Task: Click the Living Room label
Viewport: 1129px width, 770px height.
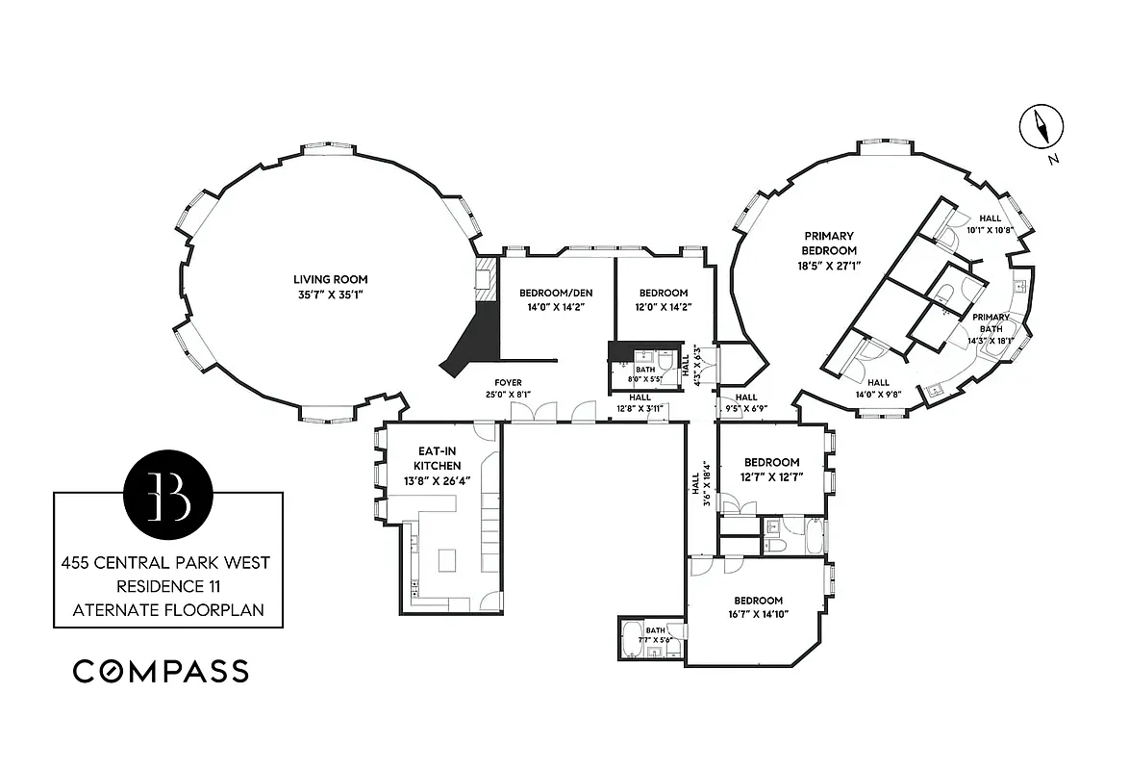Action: (331, 280)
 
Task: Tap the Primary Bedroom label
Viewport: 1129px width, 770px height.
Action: (828, 243)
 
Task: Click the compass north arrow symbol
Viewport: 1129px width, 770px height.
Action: (1041, 127)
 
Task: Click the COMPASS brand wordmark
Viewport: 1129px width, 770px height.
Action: (161, 671)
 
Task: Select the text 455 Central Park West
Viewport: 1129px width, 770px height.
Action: (167, 562)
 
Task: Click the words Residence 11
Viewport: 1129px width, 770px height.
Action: (167, 585)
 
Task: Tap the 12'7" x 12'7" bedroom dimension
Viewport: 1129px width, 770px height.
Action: (771, 476)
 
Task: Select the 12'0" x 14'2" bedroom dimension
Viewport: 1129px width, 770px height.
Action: (664, 307)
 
